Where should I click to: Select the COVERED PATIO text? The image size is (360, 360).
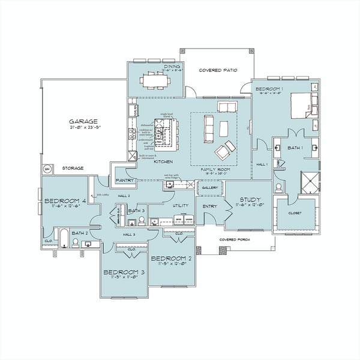coord(218,70)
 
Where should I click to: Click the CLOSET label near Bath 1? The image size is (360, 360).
coord(295,213)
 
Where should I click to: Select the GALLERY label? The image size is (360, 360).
coord(209,188)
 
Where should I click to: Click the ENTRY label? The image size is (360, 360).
coord(210,206)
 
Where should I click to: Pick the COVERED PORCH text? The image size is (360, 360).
coord(235,239)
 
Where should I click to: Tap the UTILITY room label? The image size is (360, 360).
coord(181,206)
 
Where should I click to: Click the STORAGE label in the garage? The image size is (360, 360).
coord(73,168)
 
